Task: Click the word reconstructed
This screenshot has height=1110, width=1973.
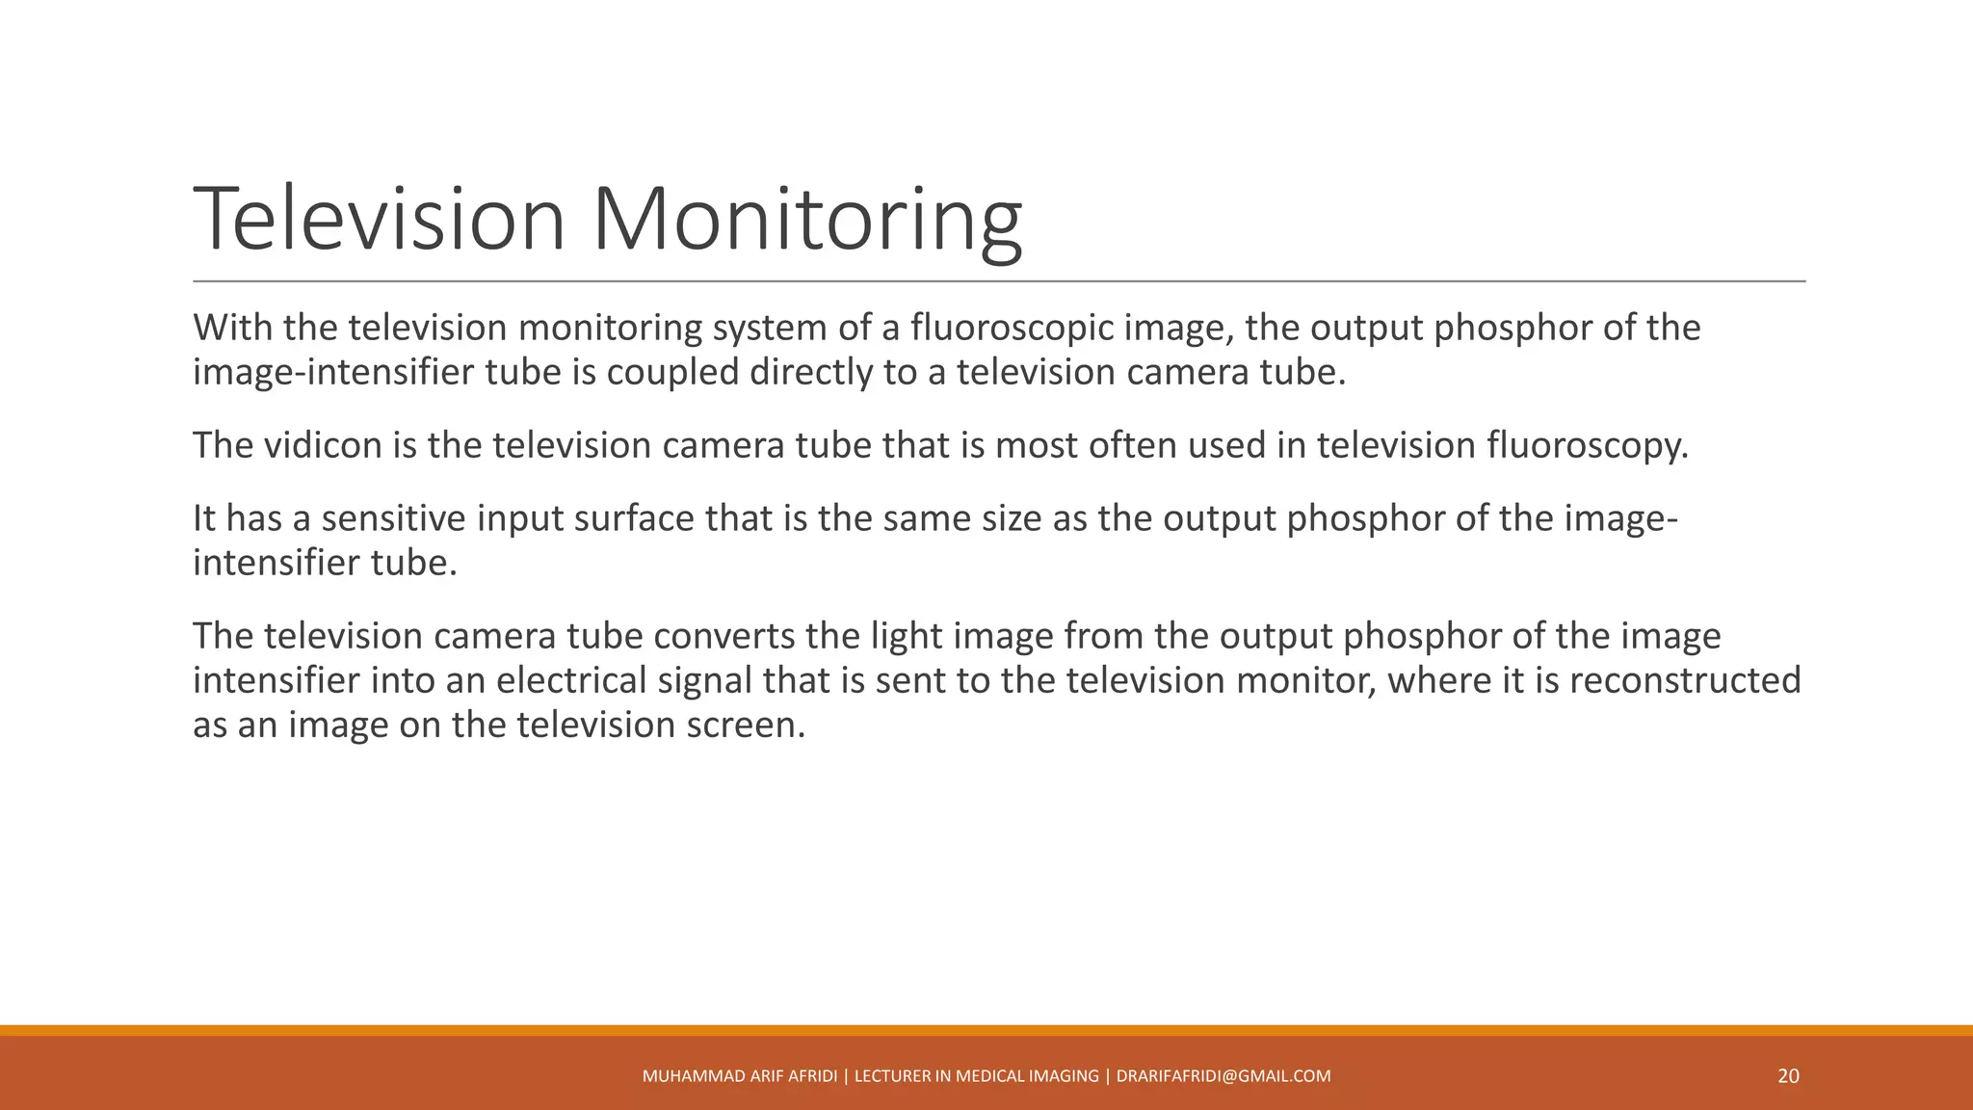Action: [x=1685, y=680]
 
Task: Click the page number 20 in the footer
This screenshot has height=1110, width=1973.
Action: [x=1788, y=1076]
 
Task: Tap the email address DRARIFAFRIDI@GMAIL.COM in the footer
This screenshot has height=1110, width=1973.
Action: [x=1223, y=1076]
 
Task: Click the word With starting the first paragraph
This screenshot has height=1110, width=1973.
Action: [x=233, y=328]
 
